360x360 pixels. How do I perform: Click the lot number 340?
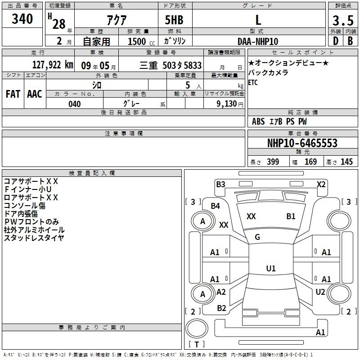(x=22, y=19)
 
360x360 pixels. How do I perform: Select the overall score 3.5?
(x=343, y=20)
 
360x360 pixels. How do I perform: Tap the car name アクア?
(x=117, y=20)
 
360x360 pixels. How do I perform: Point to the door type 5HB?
(x=174, y=20)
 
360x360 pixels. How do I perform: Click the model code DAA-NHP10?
(x=258, y=41)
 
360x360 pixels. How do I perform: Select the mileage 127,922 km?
(x=53, y=65)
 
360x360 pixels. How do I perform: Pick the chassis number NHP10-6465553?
(x=302, y=143)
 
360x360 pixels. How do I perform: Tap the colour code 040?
(x=75, y=104)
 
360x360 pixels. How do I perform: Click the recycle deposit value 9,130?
(x=227, y=104)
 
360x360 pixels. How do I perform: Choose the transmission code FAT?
(x=13, y=94)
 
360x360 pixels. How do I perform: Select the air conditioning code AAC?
(x=35, y=94)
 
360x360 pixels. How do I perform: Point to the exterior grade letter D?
(x=336, y=41)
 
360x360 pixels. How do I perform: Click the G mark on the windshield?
(x=257, y=237)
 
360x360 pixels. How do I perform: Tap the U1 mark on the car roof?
(x=271, y=268)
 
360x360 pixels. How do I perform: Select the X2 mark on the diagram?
(x=321, y=184)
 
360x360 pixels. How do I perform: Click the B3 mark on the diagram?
(x=220, y=184)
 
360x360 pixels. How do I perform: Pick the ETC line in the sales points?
(x=253, y=82)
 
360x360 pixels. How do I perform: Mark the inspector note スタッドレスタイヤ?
(x=34, y=238)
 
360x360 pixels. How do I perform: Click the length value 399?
(x=273, y=162)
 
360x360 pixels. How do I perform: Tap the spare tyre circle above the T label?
(x=197, y=328)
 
